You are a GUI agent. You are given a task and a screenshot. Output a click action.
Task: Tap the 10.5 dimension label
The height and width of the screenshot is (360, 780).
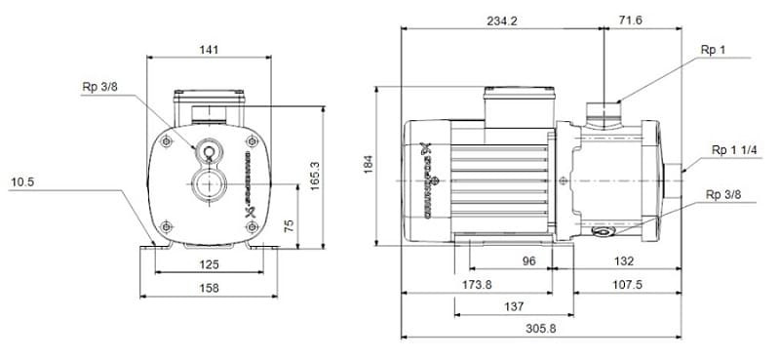click(25, 181)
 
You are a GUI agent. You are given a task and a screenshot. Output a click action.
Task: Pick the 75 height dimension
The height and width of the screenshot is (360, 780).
click(287, 225)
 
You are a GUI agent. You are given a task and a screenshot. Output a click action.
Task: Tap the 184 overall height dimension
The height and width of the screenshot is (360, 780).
click(369, 167)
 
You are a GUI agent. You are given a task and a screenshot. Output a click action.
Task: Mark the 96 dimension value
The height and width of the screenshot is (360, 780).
click(530, 260)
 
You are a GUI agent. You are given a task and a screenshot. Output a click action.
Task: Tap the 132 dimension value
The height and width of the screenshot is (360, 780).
click(625, 260)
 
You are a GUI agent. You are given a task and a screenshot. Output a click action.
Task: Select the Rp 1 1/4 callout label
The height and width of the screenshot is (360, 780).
click(732, 150)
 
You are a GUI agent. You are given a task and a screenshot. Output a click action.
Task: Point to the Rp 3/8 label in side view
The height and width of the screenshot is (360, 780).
click(723, 195)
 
